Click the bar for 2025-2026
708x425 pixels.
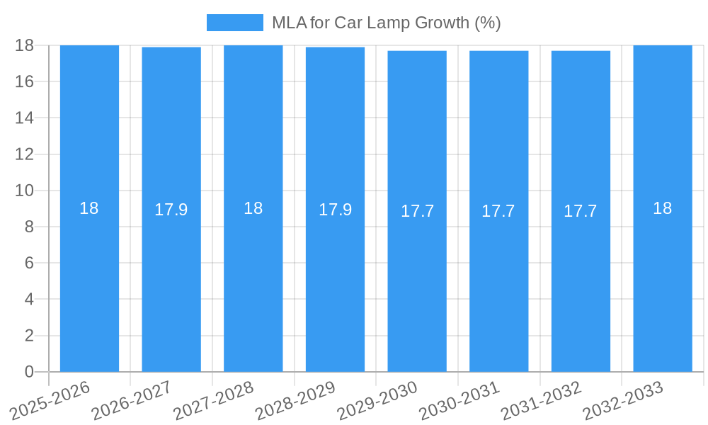point(89,283)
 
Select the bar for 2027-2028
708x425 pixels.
point(253,283)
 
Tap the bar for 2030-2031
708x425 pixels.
point(498,283)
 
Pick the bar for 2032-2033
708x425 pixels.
point(663,283)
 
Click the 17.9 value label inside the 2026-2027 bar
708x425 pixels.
point(171,210)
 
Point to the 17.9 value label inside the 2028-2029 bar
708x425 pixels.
point(335,210)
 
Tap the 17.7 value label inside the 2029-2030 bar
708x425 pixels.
point(417,211)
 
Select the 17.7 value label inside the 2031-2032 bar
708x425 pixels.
point(581,211)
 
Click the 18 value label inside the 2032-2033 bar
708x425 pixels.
point(663,208)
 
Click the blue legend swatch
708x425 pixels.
point(234,23)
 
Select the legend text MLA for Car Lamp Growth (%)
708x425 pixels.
point(387,23)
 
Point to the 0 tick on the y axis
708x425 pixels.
point(29,372)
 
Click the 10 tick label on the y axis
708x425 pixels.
point(25,191)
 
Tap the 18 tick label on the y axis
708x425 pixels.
point(25,45)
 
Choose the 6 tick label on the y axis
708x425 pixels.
point(29,263)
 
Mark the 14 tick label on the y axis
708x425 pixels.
point(25,118)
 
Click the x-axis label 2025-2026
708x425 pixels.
point(51,399)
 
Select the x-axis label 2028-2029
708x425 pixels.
point(296,399)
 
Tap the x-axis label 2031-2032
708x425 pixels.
point(542,399)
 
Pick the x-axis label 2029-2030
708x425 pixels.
point(378,399)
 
